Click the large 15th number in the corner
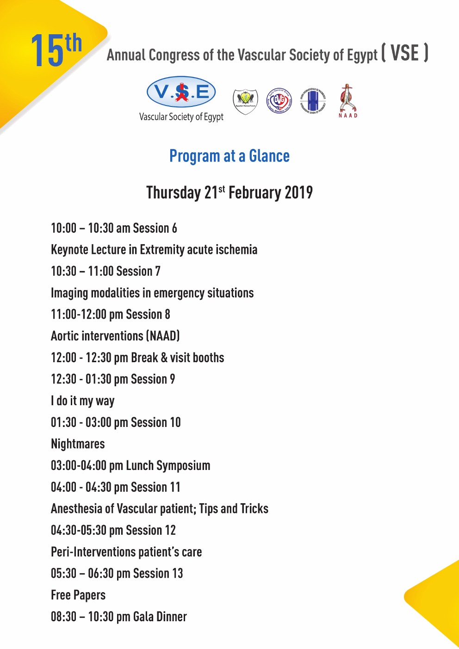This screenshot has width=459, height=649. [x=56, y=50]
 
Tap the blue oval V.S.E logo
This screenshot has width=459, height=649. [x=181, y=92]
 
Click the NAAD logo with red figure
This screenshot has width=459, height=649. [x=347, y=101]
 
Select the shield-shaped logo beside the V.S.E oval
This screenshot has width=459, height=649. [x=245, y=101]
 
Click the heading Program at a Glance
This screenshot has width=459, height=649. [x=229, y=156]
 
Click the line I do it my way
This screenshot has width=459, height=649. [x=83, y=401]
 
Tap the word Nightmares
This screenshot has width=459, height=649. [x=78, y=444]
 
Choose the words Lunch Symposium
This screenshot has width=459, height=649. [x=168, y=466]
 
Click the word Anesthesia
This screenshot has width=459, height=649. [x=76, y=509]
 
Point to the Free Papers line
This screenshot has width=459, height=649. [x=78, y=595]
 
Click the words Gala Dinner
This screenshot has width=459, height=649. [x=160, y=617]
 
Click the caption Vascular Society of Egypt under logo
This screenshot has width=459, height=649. [x=181, y=117]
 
